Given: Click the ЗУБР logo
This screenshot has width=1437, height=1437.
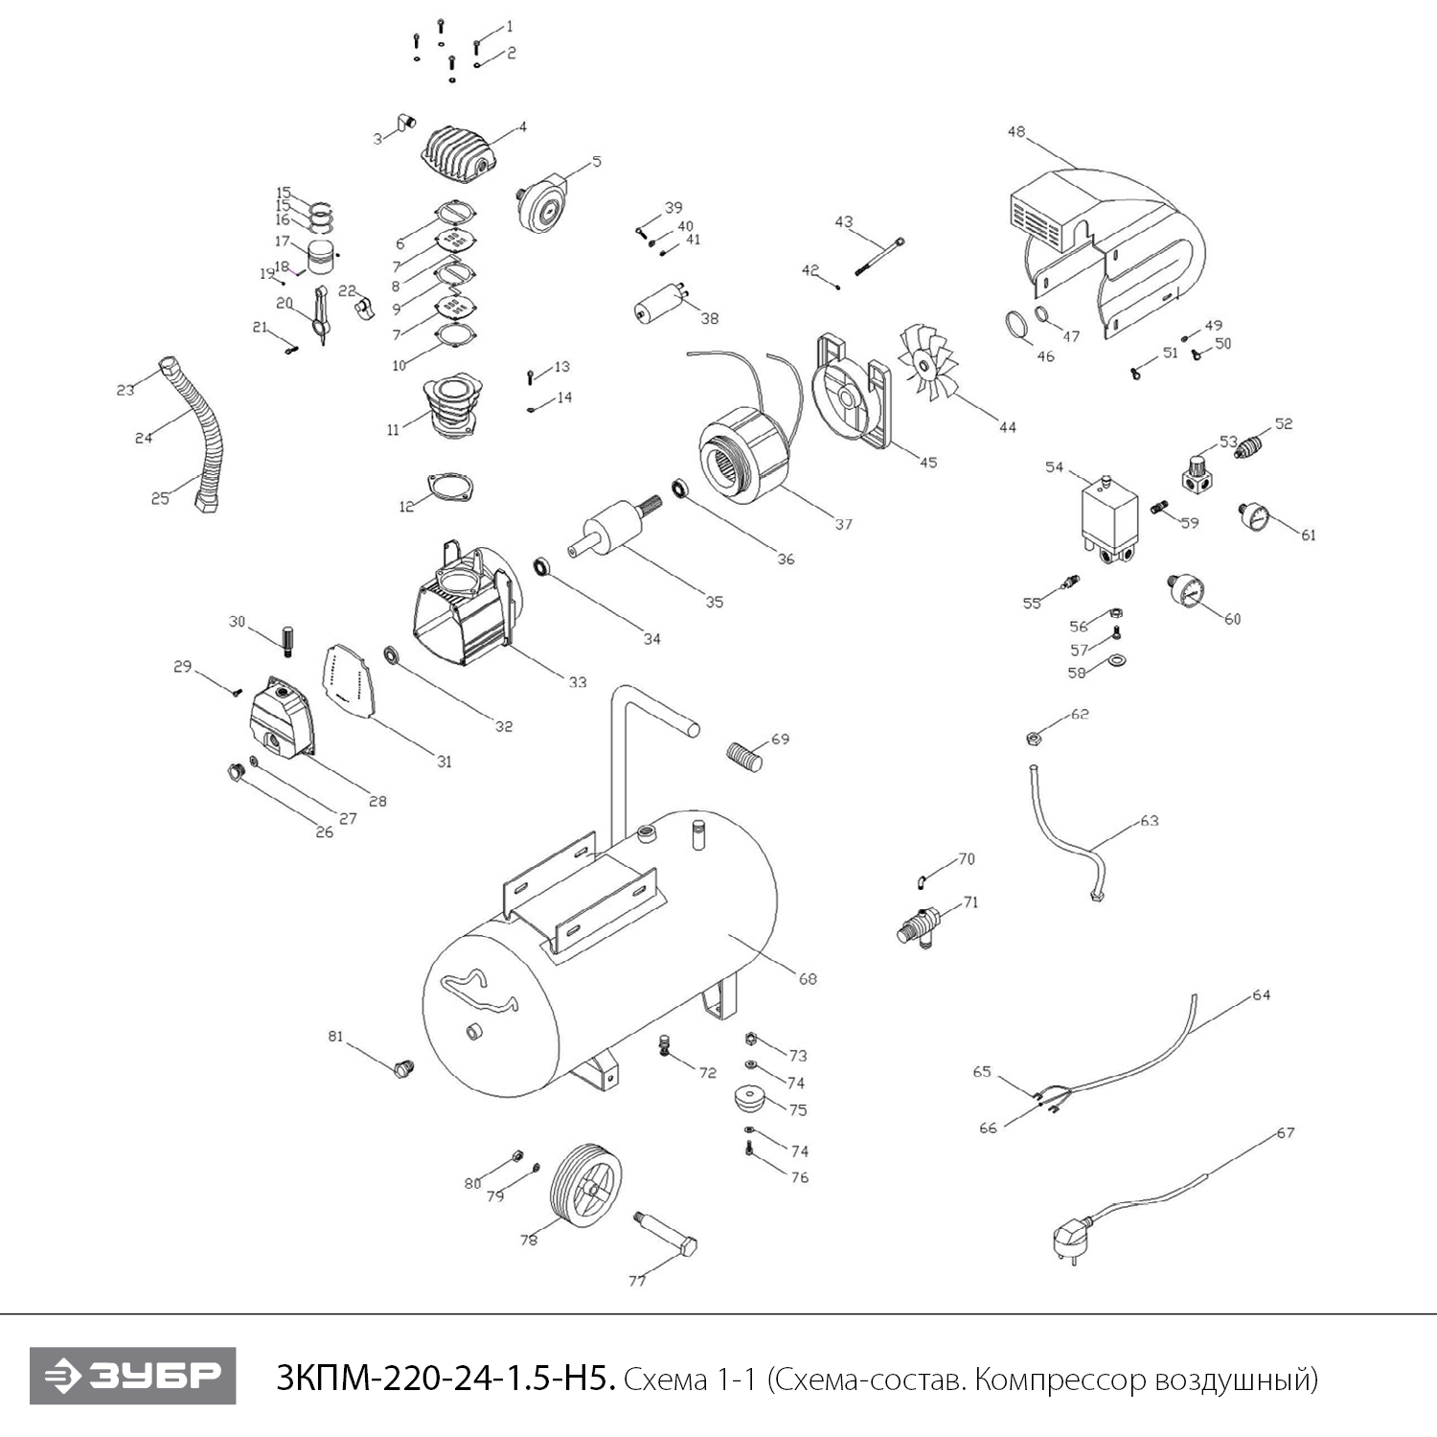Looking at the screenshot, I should coord(132,1376).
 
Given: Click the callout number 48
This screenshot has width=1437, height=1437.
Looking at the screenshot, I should coord(1016,132).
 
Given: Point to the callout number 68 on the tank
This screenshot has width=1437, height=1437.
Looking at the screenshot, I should coord(808,978).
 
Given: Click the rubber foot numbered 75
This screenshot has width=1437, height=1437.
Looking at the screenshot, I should coord(753,1097).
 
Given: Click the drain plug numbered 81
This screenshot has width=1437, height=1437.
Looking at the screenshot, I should coord(402,1067).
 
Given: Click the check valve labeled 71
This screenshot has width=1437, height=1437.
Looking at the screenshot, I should coord(919,926).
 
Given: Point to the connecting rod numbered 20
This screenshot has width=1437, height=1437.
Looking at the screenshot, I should coord(320,313).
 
